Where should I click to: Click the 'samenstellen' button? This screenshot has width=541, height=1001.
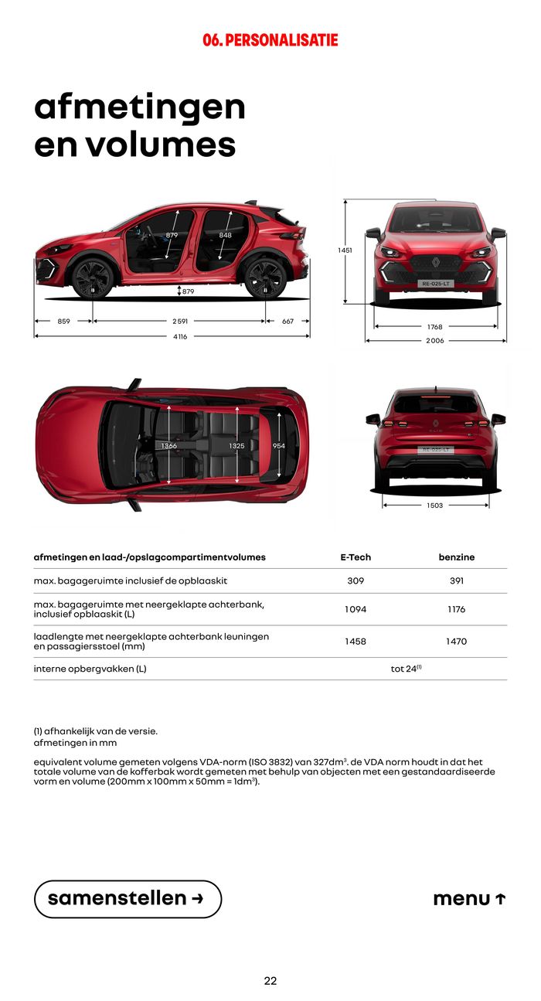128,899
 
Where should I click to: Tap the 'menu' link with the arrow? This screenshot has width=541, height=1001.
469,899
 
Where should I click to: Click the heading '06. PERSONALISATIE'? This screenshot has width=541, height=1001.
270,40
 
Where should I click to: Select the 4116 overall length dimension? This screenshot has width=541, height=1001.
179,336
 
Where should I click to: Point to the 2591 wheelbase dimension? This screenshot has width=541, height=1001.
179,321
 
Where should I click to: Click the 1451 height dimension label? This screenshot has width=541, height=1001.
345,250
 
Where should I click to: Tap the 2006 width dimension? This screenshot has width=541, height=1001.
435,340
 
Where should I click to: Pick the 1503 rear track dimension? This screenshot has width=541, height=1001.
435,506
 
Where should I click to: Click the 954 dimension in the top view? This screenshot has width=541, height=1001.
279,446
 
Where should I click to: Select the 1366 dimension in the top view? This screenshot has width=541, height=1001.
168,446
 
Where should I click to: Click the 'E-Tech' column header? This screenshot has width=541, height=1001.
356,557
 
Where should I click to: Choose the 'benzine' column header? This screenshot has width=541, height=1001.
456,557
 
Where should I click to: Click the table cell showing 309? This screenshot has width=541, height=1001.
356,581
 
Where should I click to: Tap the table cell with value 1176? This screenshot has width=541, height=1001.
456,609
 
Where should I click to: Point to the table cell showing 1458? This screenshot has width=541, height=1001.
356,642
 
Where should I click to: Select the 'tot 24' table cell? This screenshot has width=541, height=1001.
406,669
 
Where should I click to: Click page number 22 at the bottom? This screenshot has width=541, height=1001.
270,981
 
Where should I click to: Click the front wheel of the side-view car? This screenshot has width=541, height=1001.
93,277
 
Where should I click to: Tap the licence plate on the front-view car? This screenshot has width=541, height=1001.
435,284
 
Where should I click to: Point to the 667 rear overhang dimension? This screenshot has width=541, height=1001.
288,321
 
